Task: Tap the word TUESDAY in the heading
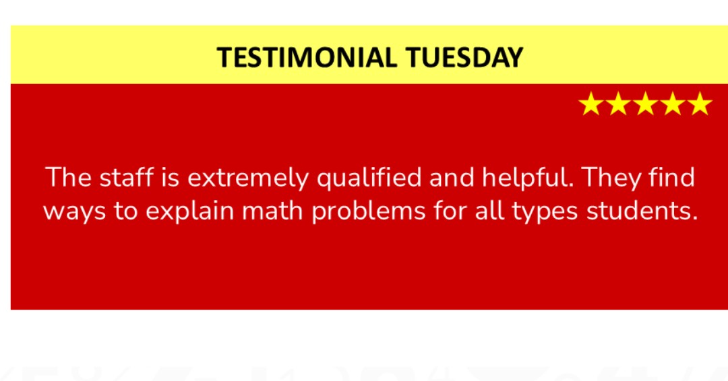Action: [464, 58]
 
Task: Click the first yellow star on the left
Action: [590, 104]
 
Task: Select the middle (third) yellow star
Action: [645, 104]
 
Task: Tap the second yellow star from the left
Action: [617, 104]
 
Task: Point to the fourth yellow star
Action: [673, 104]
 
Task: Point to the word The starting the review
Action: [68, 178]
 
